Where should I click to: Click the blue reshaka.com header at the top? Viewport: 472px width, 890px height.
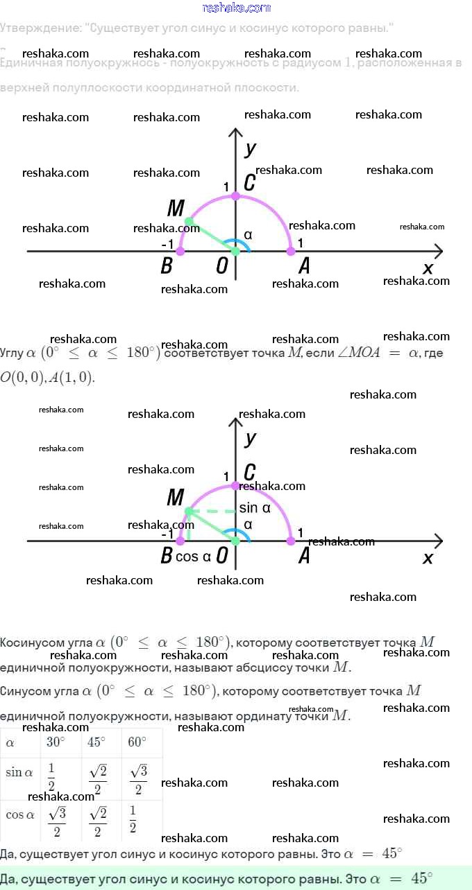236,8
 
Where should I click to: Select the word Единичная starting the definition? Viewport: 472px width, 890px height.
29,63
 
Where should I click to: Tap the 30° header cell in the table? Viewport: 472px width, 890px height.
56,742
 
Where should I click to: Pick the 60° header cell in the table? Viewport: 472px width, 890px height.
137,742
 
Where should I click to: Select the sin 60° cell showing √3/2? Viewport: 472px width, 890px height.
138,780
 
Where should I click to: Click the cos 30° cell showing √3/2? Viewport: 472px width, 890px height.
58,822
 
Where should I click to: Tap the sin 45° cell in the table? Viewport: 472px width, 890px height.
98,780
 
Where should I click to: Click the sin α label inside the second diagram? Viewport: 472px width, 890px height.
255,508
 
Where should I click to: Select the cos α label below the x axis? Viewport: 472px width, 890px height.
194,557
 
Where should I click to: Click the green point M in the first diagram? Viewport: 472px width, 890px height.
189,222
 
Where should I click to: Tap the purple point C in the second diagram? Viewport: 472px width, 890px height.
235,485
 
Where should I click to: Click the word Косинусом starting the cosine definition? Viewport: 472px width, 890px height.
28,643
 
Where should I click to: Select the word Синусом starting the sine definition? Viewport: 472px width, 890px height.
22,691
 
